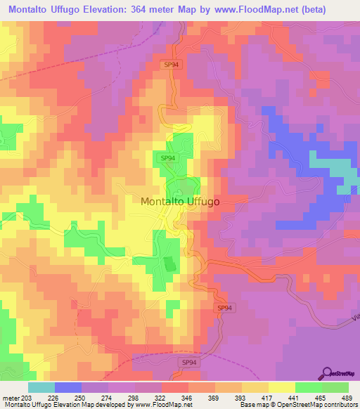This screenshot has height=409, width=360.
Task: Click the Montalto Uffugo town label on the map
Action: pyautogui.click(x=180, y=201)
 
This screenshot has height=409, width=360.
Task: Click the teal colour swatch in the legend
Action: pyautogui.click(x=41, y=387)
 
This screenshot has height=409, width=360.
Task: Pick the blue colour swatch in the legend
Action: pyautogui.click(x=67, y=387)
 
